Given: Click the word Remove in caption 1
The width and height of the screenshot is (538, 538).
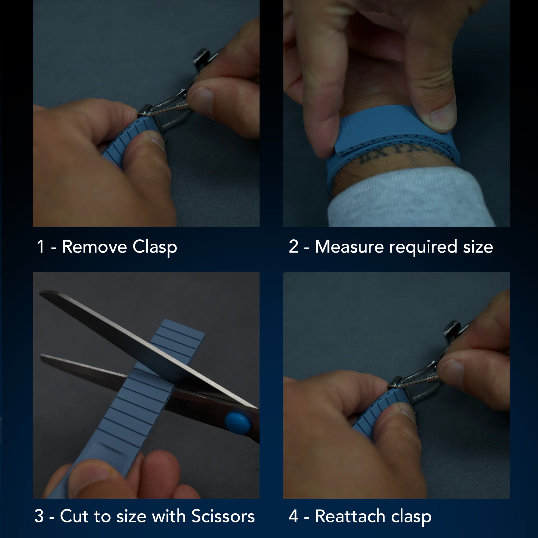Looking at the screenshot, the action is [x=95, y=247].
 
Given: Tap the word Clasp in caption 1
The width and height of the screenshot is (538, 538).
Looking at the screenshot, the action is [x=155, y=247].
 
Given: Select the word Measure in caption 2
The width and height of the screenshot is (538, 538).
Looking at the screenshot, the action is [x=349, y=247].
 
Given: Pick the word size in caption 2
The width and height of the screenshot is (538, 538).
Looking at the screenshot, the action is [x=478, y=247].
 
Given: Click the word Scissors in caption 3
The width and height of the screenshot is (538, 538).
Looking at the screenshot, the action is [x=223, y=516].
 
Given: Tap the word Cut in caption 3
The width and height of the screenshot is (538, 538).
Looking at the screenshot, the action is [x=74, y=516].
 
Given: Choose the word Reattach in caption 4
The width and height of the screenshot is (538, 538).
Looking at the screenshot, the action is [x=350, y=516].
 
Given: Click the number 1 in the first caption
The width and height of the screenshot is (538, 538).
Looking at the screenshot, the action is [x=41, y=247].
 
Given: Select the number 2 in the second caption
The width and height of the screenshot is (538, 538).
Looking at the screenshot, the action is [x=294, y=247].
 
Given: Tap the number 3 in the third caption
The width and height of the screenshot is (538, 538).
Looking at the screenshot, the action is [x=39, y=516].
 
